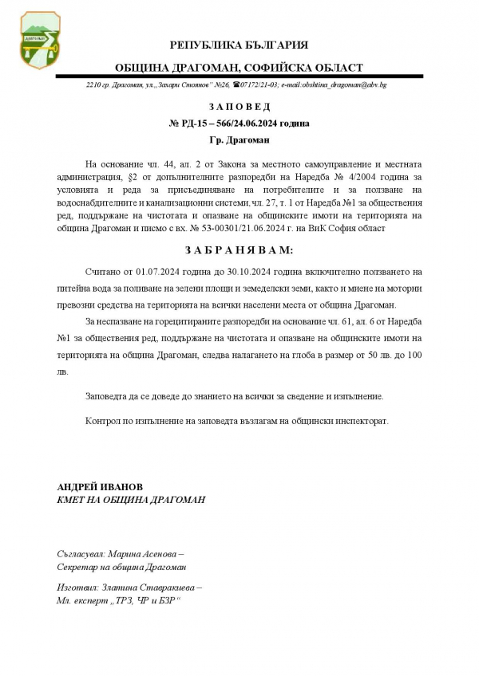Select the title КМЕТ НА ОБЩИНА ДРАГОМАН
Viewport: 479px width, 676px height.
pos(131,499)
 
